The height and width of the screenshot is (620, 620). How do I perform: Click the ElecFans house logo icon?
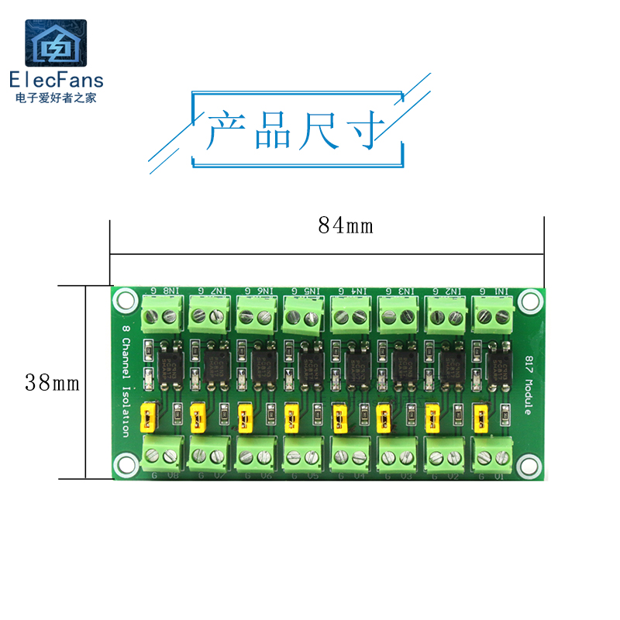[x=56, y=44]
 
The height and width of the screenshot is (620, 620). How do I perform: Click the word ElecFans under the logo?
[x=56, y=80]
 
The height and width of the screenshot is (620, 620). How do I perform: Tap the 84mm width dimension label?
[x=345, y=226]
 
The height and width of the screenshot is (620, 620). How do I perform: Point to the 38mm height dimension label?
[x=53, y=383]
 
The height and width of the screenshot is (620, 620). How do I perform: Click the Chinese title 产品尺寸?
[x=297, y=129]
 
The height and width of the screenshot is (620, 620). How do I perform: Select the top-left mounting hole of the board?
[x=124, y=300]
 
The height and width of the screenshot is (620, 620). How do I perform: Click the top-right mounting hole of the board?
[x=530, y=300]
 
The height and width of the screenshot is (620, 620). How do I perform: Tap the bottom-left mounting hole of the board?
[x=124, y=463]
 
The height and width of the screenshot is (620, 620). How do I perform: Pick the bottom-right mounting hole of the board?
[x=530, y=463]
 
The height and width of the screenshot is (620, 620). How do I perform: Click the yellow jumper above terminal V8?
[x=147, y=418]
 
